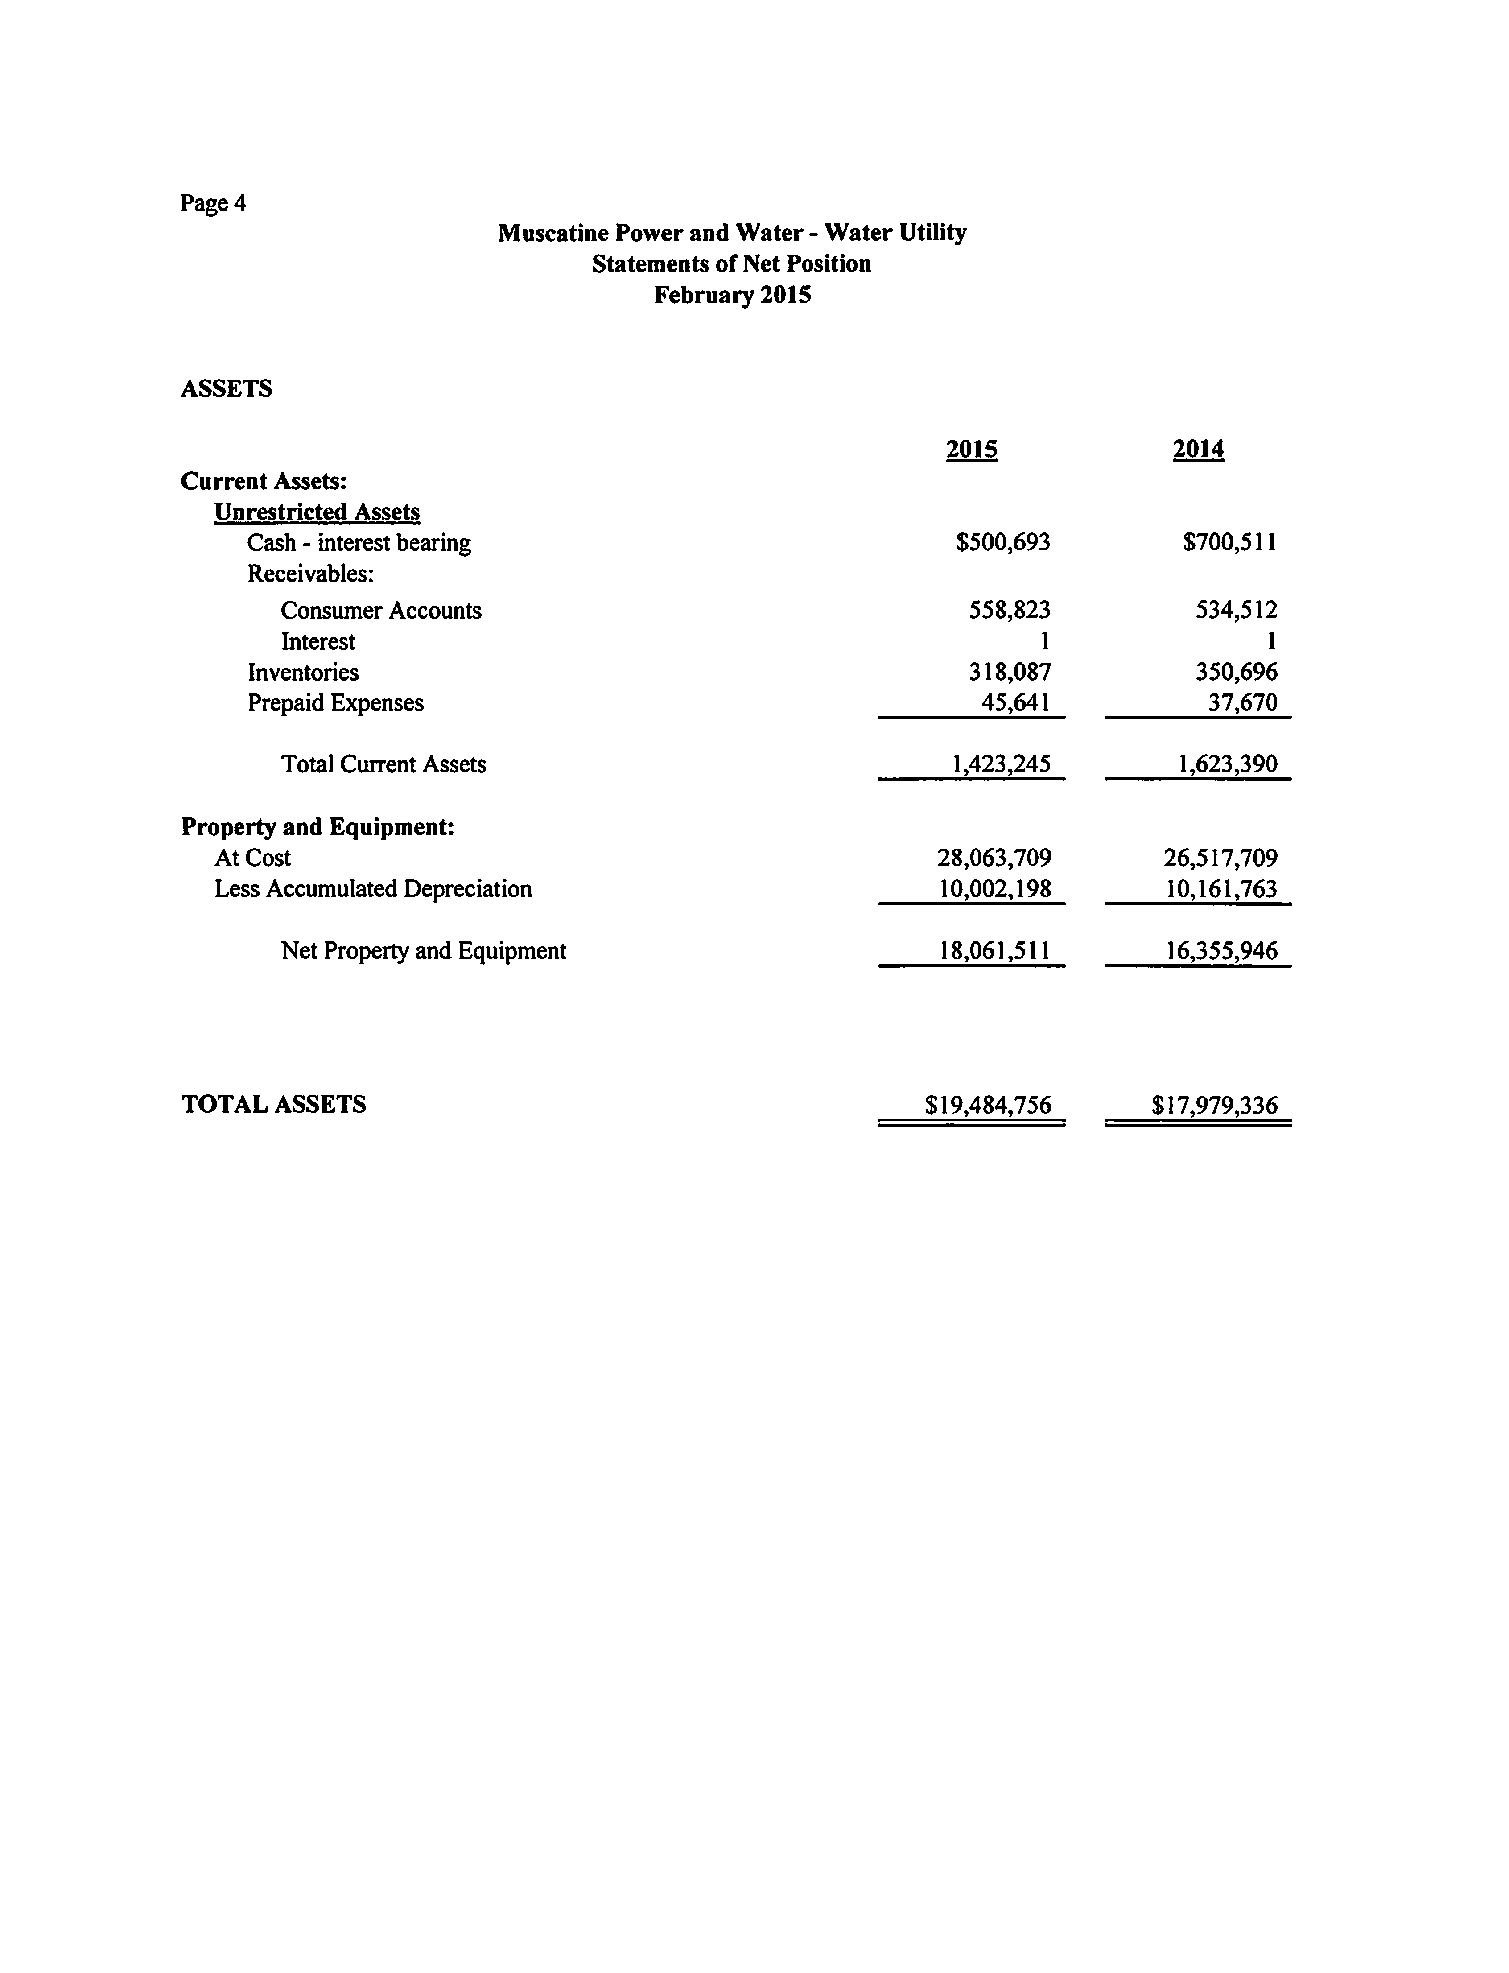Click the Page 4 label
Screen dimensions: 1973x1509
pyautogui.click(x=213, y=203)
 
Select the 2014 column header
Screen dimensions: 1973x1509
pyautogui.click(x=1198, y=449)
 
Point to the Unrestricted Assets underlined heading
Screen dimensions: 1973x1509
pyautogui.click(x=317, y=512)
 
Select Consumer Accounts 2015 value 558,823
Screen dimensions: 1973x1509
pyautogui.click(x=1009, y=610)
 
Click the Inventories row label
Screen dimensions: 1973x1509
pyautogui.click(x=303, y=672)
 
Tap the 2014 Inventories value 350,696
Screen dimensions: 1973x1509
pyautogui.click(x=1236, y=672)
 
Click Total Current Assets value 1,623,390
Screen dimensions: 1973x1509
pyautogui.click(x=1227, y=764)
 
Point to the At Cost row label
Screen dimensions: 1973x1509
pyautogui.click(x=252, y=858)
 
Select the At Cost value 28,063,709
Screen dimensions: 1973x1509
pyautogui.click(x=994, y=858)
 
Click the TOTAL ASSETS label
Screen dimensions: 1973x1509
pyautogui.click(x=274, y=1104)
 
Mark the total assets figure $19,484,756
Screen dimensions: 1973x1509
pyautogui.click(x=988, y=1104)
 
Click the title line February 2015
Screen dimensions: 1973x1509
pyautogui.click(x=732, y=295)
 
